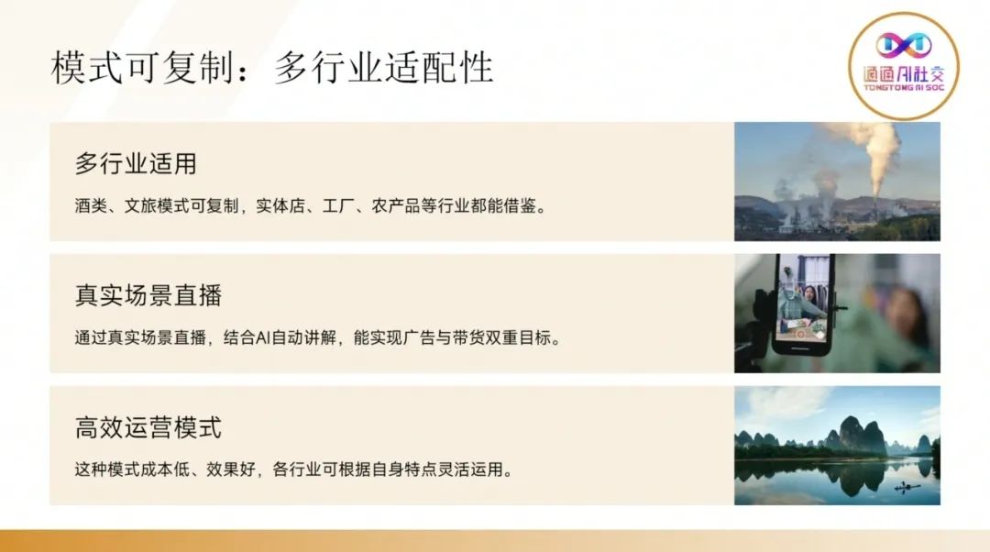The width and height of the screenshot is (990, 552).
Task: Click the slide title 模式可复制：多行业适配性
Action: tap(271, 67)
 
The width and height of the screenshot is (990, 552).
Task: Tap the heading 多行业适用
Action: tap(136, 163)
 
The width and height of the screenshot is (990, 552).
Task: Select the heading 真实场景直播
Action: tap(148, 295)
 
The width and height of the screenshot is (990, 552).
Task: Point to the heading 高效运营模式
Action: tap(148, 427)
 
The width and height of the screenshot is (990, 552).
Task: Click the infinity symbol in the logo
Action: tap(904, 44)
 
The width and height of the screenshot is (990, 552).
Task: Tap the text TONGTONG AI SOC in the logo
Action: tap(904, 88)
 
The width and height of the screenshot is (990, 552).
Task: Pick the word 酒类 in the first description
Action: tap(91, 206)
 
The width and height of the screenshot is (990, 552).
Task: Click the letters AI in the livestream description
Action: tap(263, 338)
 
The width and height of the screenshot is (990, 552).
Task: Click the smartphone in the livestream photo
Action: tap(802, 304)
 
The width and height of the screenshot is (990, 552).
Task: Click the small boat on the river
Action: tap(907, 486)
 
